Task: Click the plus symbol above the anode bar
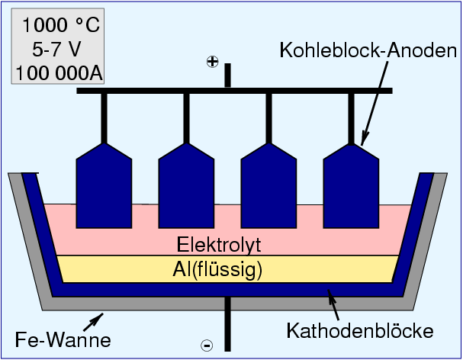[x=213, y=63]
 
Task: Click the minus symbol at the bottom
[x=207, y=346]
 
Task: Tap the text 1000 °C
[x=59, y=25]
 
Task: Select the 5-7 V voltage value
[x=59, y=50]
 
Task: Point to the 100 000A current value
[x=59, y=73]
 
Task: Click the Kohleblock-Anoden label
[x=368, y=53]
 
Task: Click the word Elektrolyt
[x=220, y=246]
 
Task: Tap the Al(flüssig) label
[x=220, y=269]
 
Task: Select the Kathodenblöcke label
[x=359, y=331]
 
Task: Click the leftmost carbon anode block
[x=104, y=187]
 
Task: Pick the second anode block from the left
[x=186, y=187]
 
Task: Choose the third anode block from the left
[x=268, y=187]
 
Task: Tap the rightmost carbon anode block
[x=351, y=187]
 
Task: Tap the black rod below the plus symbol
[x=227, y=76]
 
